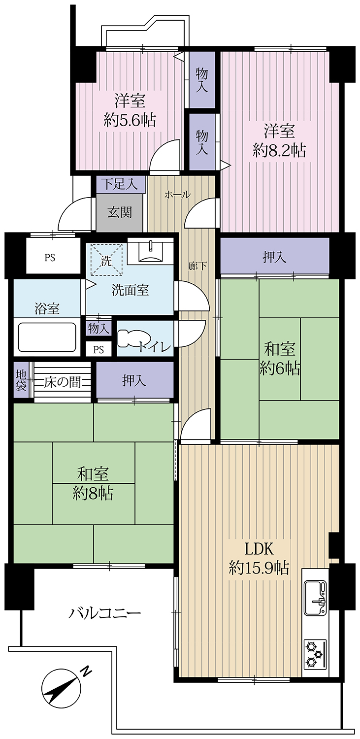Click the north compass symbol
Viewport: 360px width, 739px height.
coord(62,688)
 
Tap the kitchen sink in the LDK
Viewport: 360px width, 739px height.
coord(316,598)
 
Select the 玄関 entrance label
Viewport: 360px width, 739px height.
coord(120,213)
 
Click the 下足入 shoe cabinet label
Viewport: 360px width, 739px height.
coord(120,185)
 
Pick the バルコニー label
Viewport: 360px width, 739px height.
coord(105,613)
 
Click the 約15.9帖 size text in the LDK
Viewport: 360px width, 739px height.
coord(259,568)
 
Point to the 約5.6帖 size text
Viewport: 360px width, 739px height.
coord(130,120)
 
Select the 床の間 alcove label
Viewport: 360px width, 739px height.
coord(63,382)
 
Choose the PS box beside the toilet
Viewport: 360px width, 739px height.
coord(99,349)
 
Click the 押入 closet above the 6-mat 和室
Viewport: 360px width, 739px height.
coord(274,257)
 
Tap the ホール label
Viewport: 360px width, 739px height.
coord(177,195)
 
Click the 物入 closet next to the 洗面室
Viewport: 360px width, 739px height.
coord(99,327)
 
